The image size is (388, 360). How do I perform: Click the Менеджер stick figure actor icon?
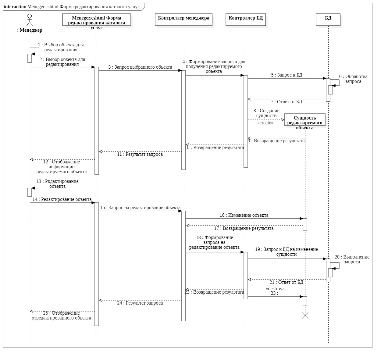pyautogui.click(x=30, y=20)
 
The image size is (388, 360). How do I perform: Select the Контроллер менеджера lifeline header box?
pyautogui.click(x=183, y=20)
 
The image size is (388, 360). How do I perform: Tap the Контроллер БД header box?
pyautogui.click(x=246, y=20)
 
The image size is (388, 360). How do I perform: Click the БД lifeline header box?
pyautogui.click(x=328, y=20)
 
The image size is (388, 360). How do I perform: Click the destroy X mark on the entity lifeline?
pyautogui.click(x=305, y=315)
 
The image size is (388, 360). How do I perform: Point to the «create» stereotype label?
pyautogui.click(x=265, y=123)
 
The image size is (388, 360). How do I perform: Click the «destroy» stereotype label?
pyautogui.click(x=275, y=289)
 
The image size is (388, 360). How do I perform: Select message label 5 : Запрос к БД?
pyautogui.click(x=287, y=75)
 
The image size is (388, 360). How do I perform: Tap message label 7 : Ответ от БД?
pyautogui.click(x=286, y=102)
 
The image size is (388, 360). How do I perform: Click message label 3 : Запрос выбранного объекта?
pyautogui.click(x=140, y=67)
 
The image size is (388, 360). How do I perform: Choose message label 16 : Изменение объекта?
pyautogui.click(x=244, y=215)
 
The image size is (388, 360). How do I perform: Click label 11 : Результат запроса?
pyautogui.click(x=140, y=154)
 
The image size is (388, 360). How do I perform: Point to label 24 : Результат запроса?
pyautogui.click(x=140, y=303)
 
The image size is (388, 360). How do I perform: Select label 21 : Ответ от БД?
pyautogui.click(x=286, y=282)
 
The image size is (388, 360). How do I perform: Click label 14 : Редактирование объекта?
pyautogui.click(x=62, y=199)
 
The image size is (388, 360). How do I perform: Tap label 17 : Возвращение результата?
pyautogui.click(x=244, y=228)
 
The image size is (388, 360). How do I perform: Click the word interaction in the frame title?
pyautogui.click(x=15, y=7)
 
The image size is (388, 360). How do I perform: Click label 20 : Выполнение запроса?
pyautogui.click(x=352, y=259)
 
